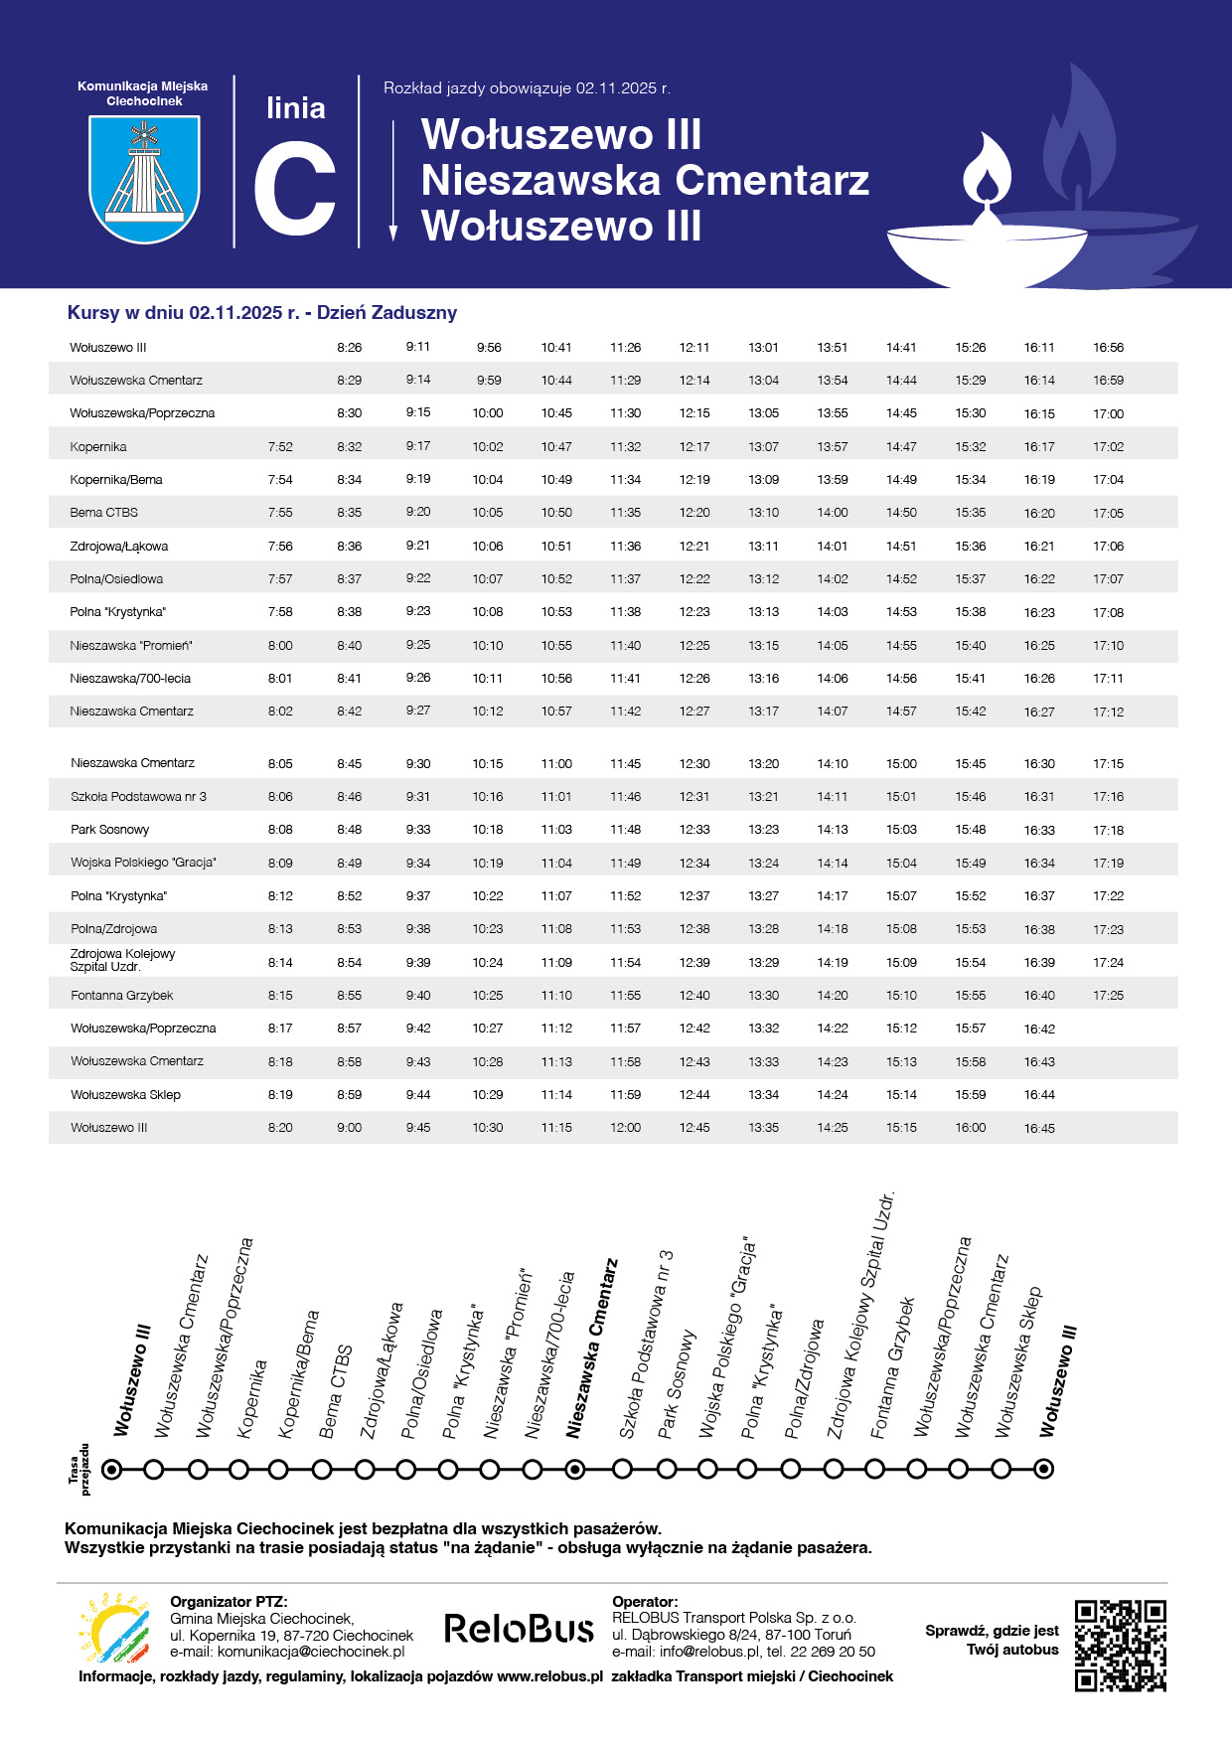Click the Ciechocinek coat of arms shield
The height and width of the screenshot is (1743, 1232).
144,179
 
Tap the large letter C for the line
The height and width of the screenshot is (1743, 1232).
294,189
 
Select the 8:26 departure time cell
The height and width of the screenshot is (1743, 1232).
349,348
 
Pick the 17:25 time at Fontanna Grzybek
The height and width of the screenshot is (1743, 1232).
1108,996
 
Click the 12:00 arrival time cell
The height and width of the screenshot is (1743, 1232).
625,1128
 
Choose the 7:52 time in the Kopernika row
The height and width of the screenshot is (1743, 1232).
280,447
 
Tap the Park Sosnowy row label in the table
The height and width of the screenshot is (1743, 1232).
110,830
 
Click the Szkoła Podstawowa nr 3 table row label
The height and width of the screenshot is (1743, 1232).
138,797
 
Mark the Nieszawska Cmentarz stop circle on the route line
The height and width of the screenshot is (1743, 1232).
574,1469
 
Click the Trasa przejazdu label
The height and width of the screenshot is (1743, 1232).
78,1469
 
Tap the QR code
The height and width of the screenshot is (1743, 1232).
1120,1645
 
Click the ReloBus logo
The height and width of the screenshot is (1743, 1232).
519,1629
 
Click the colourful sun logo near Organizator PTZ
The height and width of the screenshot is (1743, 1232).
114,1629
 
